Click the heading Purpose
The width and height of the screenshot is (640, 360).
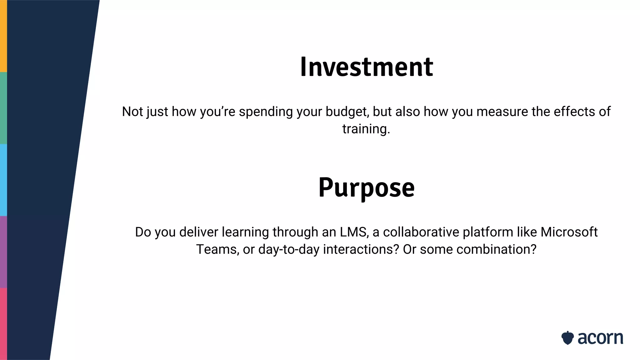pyautogui.click(x=366, y=187)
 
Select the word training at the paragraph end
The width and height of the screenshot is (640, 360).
pyautogui.click(x=366, y=129)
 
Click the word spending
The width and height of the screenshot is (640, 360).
pyautogui.click(x=266, y=112)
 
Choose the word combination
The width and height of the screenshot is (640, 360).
pyautogui.click(x=495, y=249)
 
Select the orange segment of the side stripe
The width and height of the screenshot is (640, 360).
pyautogui.click(x=3, y=36)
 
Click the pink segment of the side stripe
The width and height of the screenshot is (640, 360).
pyautogui.click(x=3, y=324)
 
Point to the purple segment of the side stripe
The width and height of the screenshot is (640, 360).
pyautogui.click(x=3, y=252)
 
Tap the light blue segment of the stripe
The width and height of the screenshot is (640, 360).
pyautogui.click(x=3, y=180)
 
